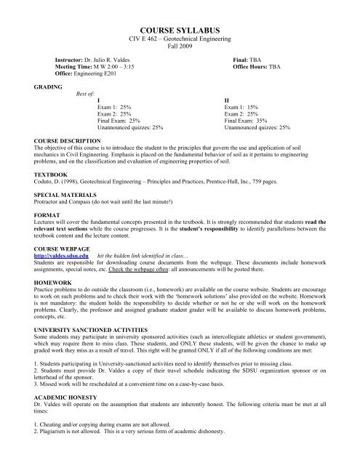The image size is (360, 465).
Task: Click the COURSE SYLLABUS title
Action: pos(180,25)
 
